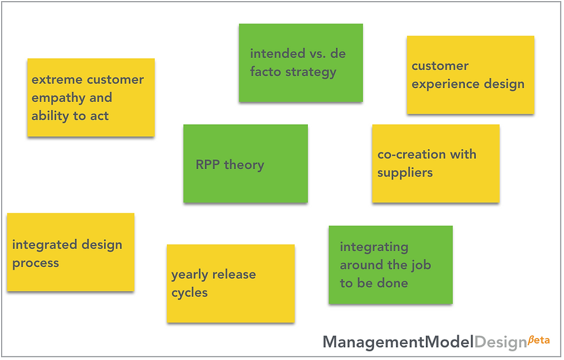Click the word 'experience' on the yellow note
[441, 84]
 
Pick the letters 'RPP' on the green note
[208, 165]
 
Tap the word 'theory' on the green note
[244, 165]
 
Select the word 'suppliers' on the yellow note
[405, 173]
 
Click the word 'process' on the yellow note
[36, 263]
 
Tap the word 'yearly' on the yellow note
[190, 275]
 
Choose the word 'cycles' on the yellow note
[189, 293]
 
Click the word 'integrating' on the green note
[374, 247]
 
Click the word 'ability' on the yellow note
[49, 116]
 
